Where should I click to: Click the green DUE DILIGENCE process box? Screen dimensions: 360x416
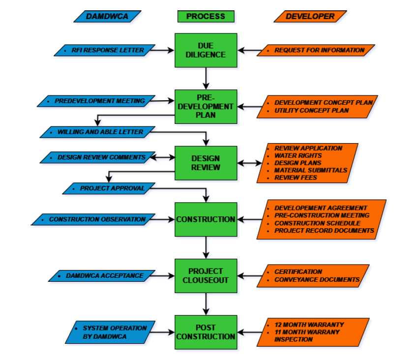[206, 50]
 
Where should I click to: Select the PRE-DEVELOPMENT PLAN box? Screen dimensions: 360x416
[206, 106]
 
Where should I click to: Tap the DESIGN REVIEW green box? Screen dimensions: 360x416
[206, 163]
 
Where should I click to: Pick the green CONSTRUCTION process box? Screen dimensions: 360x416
[206, 219]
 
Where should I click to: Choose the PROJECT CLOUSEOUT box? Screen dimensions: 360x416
[206, 275]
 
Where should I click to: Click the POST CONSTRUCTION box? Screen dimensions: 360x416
[206, 332]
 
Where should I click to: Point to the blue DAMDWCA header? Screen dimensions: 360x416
[107, 16]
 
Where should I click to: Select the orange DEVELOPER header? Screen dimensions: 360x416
[310, 16]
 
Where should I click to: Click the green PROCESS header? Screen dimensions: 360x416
[206, 16]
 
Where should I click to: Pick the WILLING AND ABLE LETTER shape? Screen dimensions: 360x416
[100, 132]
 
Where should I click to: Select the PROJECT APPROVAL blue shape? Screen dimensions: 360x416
[112, 188]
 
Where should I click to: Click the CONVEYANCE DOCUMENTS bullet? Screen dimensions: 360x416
[317, 280]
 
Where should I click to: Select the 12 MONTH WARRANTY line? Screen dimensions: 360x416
[309, 325]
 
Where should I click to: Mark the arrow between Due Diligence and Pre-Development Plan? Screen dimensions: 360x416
[206, 78]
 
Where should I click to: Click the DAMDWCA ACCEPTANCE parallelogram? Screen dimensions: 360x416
[105, 276]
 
